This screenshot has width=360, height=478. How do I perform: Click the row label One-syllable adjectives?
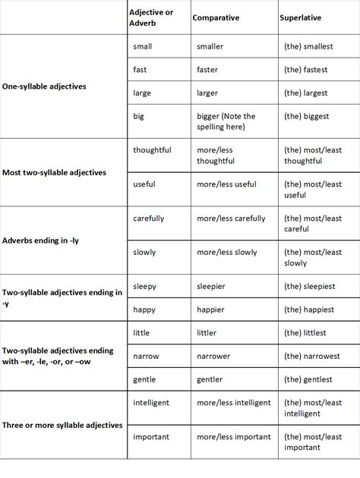tap(44, 86)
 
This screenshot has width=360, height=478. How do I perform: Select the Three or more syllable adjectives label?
tap(62, 425)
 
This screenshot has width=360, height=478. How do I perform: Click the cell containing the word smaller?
tap(210, 46)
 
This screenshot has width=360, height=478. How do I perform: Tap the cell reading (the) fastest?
tap(306, 70)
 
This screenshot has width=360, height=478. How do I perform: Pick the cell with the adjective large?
tap(142, 93)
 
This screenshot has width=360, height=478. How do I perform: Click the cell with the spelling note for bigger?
tap(226, 121)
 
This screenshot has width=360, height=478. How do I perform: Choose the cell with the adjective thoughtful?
tap(152, 150)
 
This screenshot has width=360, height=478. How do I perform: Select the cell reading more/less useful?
tap(226, 185)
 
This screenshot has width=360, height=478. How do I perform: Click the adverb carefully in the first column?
tap(148, 219)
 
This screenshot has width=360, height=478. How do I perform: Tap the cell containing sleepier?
tap(211, 287)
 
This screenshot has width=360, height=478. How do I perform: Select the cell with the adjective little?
tap(141, 332)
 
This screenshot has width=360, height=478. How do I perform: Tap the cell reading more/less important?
tap(233, 437)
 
